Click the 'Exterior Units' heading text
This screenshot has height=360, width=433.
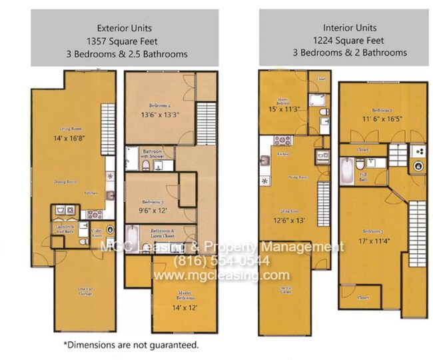coord(124,28)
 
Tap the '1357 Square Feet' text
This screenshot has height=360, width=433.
coord(124,41)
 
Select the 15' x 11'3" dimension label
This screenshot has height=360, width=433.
coord(284,110)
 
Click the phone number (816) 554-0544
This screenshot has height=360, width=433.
coord(222,261)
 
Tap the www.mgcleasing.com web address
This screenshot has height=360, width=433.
coord(222,275)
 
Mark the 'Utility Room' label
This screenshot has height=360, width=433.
coord(97,234)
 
